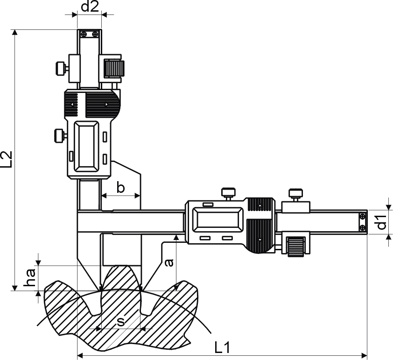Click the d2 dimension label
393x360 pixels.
click(x=90, y=7)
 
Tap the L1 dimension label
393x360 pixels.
click(x=222, y=347)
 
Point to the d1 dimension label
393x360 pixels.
click(x=381, y=222)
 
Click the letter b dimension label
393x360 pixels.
click(x=120, y=188)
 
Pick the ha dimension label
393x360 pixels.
click(x=30, y=277)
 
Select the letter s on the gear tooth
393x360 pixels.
click(x=120, y=321)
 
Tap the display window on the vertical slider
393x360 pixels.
click(x=87, y=147)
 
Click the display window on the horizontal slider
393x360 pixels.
click(x=218, y=220)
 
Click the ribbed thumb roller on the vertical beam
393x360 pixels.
click(x=114, y=68)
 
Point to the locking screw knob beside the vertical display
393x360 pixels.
click(x=60, y=135)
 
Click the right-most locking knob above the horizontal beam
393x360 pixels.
click(x=296, y=195)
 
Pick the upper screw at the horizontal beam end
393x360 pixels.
click(x=362, y=216)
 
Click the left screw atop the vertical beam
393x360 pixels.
click(x=84, y=34)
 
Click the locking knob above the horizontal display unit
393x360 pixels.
click(x=228, y=194)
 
